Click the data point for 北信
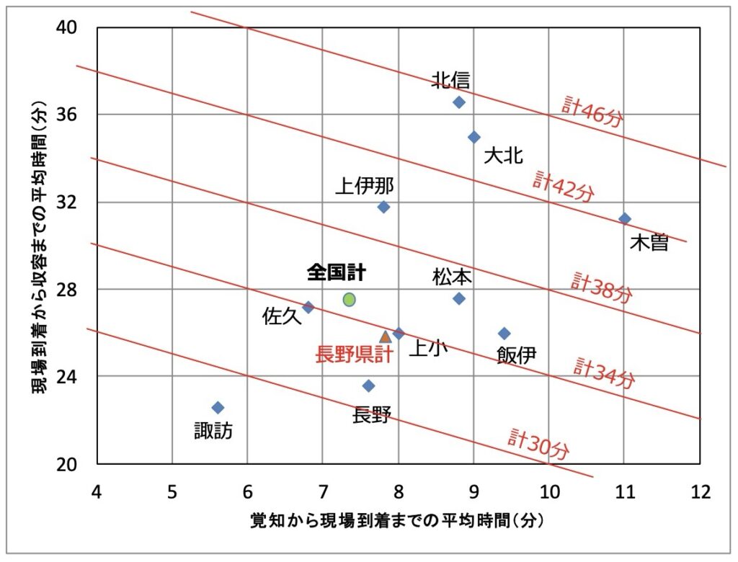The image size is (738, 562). [x=459, y=102]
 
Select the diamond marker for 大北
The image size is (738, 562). [x=474, y=137]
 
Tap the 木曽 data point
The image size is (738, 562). [x=625, y=218]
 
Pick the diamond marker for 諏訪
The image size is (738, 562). [x=218, y=408]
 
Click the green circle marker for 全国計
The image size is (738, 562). [x=350, y=299]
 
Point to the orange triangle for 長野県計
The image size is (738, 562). [x=386, y=336]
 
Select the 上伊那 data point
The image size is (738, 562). [x=383, y=208]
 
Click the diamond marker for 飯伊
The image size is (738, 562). [x=504, y=334]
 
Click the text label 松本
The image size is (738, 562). [x=452, y=277]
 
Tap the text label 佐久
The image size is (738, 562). [x=282, y=317]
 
